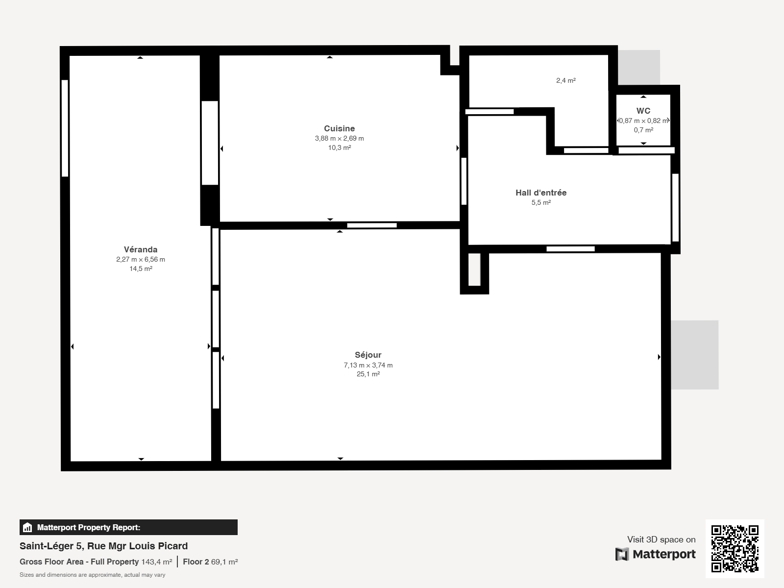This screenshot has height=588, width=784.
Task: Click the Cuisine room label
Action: (x=339, y=128)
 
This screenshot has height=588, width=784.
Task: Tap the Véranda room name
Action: (x=141, y=249)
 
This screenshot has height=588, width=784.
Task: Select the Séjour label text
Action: (x=368, y=355)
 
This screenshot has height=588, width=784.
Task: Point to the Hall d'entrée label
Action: (x=541, y=193)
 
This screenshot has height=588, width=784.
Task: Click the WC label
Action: (x=643, y=111)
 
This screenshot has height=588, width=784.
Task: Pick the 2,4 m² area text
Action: (x=566, y=81)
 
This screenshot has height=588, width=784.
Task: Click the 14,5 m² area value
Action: (x=141, y=269)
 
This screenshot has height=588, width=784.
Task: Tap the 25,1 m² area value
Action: (x=368, y=374)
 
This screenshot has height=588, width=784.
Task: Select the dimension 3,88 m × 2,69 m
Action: (x=339, y=139)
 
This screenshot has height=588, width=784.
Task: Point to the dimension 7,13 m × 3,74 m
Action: (x=368, y=365)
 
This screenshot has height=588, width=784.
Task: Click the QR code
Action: (x=735, y=548)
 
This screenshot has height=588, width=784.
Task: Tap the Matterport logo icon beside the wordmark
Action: (x=622, y=554)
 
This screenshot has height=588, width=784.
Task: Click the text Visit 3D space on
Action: (x=661, y=539)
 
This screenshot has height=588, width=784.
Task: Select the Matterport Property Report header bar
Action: (x=128, y=527)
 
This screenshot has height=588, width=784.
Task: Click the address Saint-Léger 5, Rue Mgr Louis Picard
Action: (x=103, y=546)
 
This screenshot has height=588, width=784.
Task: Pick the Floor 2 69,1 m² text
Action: (x=210, y=562)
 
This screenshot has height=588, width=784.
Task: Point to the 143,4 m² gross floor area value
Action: (x=156, y=562)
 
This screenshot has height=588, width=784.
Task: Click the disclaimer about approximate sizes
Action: (x=93, y=575)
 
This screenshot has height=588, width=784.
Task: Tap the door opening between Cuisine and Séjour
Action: (x=372, y=225)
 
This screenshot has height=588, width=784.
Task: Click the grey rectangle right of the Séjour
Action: (x=695, y=355)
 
